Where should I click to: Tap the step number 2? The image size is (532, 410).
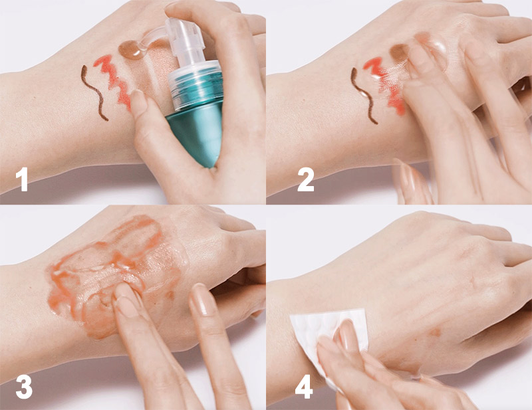pos(306,179)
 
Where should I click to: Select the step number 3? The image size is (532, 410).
pos(24,387)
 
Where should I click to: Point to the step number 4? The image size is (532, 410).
pos(304,387)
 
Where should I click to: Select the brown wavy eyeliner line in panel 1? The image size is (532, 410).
pos(93,92)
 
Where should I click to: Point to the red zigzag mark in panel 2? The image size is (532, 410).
pos(385,85)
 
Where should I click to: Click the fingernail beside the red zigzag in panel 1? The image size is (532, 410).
pos(138,101)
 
